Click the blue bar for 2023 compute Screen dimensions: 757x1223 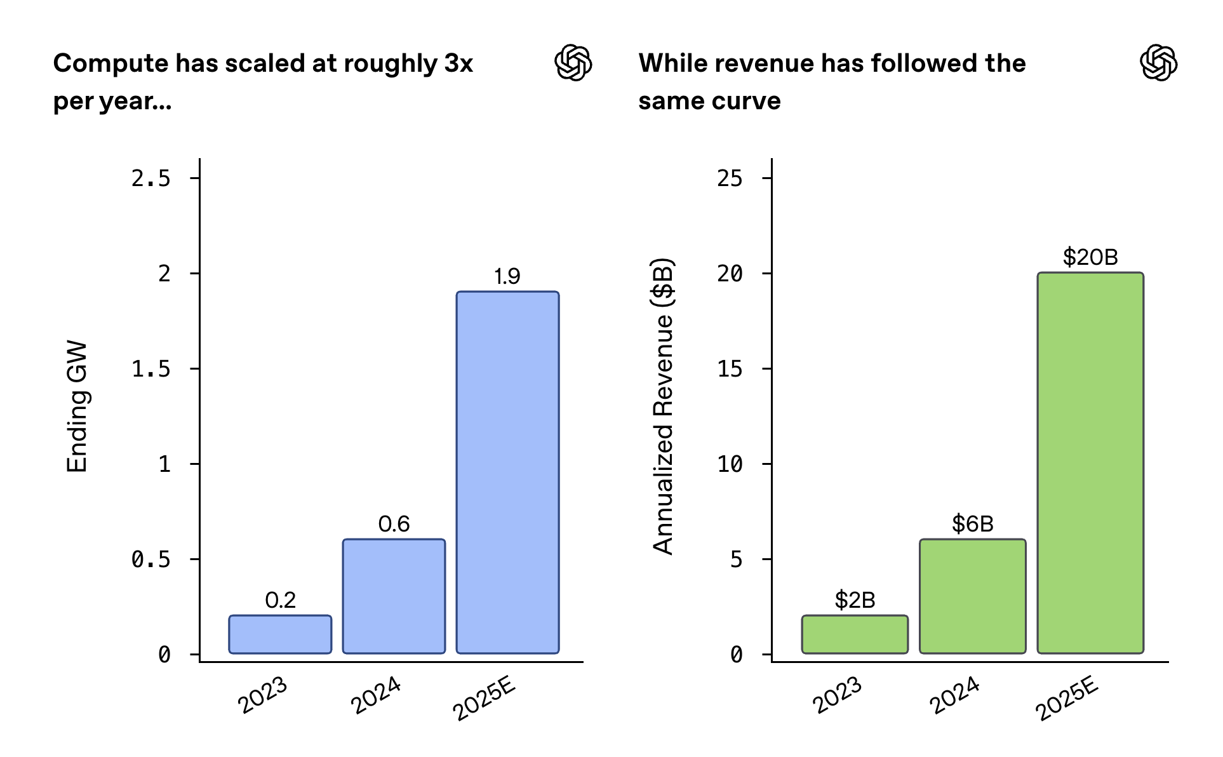280,634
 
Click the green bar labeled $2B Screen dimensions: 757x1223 855,634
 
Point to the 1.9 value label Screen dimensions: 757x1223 507,276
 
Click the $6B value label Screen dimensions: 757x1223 972,524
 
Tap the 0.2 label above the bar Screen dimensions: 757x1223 280,600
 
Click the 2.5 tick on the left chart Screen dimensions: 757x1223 151,178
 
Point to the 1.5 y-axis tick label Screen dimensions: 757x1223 151,369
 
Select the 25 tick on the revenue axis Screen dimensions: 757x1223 730,178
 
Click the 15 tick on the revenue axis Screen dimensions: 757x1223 730,369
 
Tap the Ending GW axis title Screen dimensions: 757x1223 77,406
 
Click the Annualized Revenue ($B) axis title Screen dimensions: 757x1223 663,406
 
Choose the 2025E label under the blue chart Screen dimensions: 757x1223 484,698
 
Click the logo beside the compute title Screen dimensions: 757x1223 573,63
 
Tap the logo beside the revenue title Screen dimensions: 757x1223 1158,63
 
